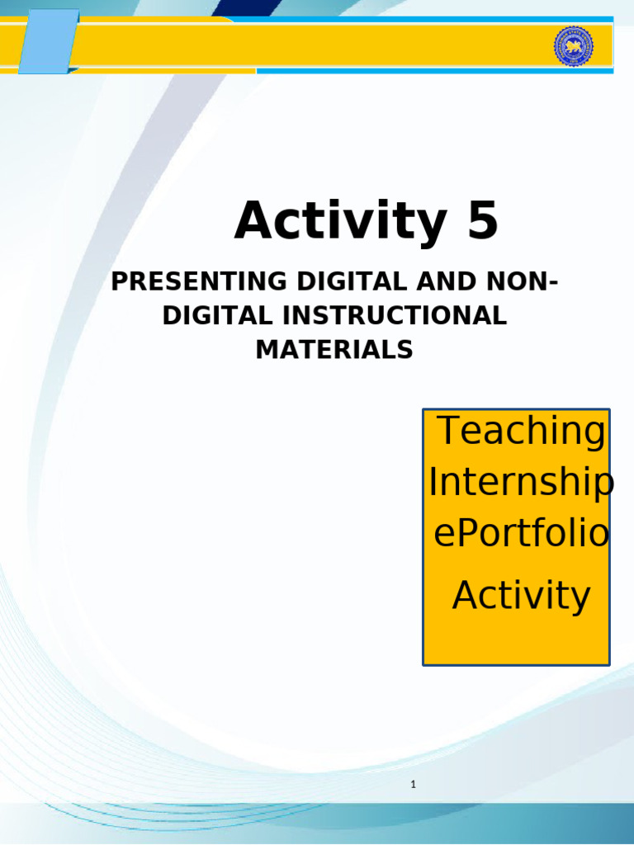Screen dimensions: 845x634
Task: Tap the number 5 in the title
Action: (483, 222)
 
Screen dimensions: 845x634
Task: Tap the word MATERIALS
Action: (334, 349)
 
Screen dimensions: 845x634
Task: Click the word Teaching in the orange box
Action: (520, 430)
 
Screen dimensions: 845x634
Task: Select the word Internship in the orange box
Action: (520, 483)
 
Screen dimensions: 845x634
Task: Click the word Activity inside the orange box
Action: (521, 595)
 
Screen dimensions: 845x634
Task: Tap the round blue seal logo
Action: (573, 46)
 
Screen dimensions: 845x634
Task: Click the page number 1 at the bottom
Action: (413, 785)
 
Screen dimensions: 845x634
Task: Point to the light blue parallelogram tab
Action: (48, 41)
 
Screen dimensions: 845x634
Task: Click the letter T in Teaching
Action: (448, 430)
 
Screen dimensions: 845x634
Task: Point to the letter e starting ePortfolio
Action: (443, 535)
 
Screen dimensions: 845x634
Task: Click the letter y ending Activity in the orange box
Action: (581, 597)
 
